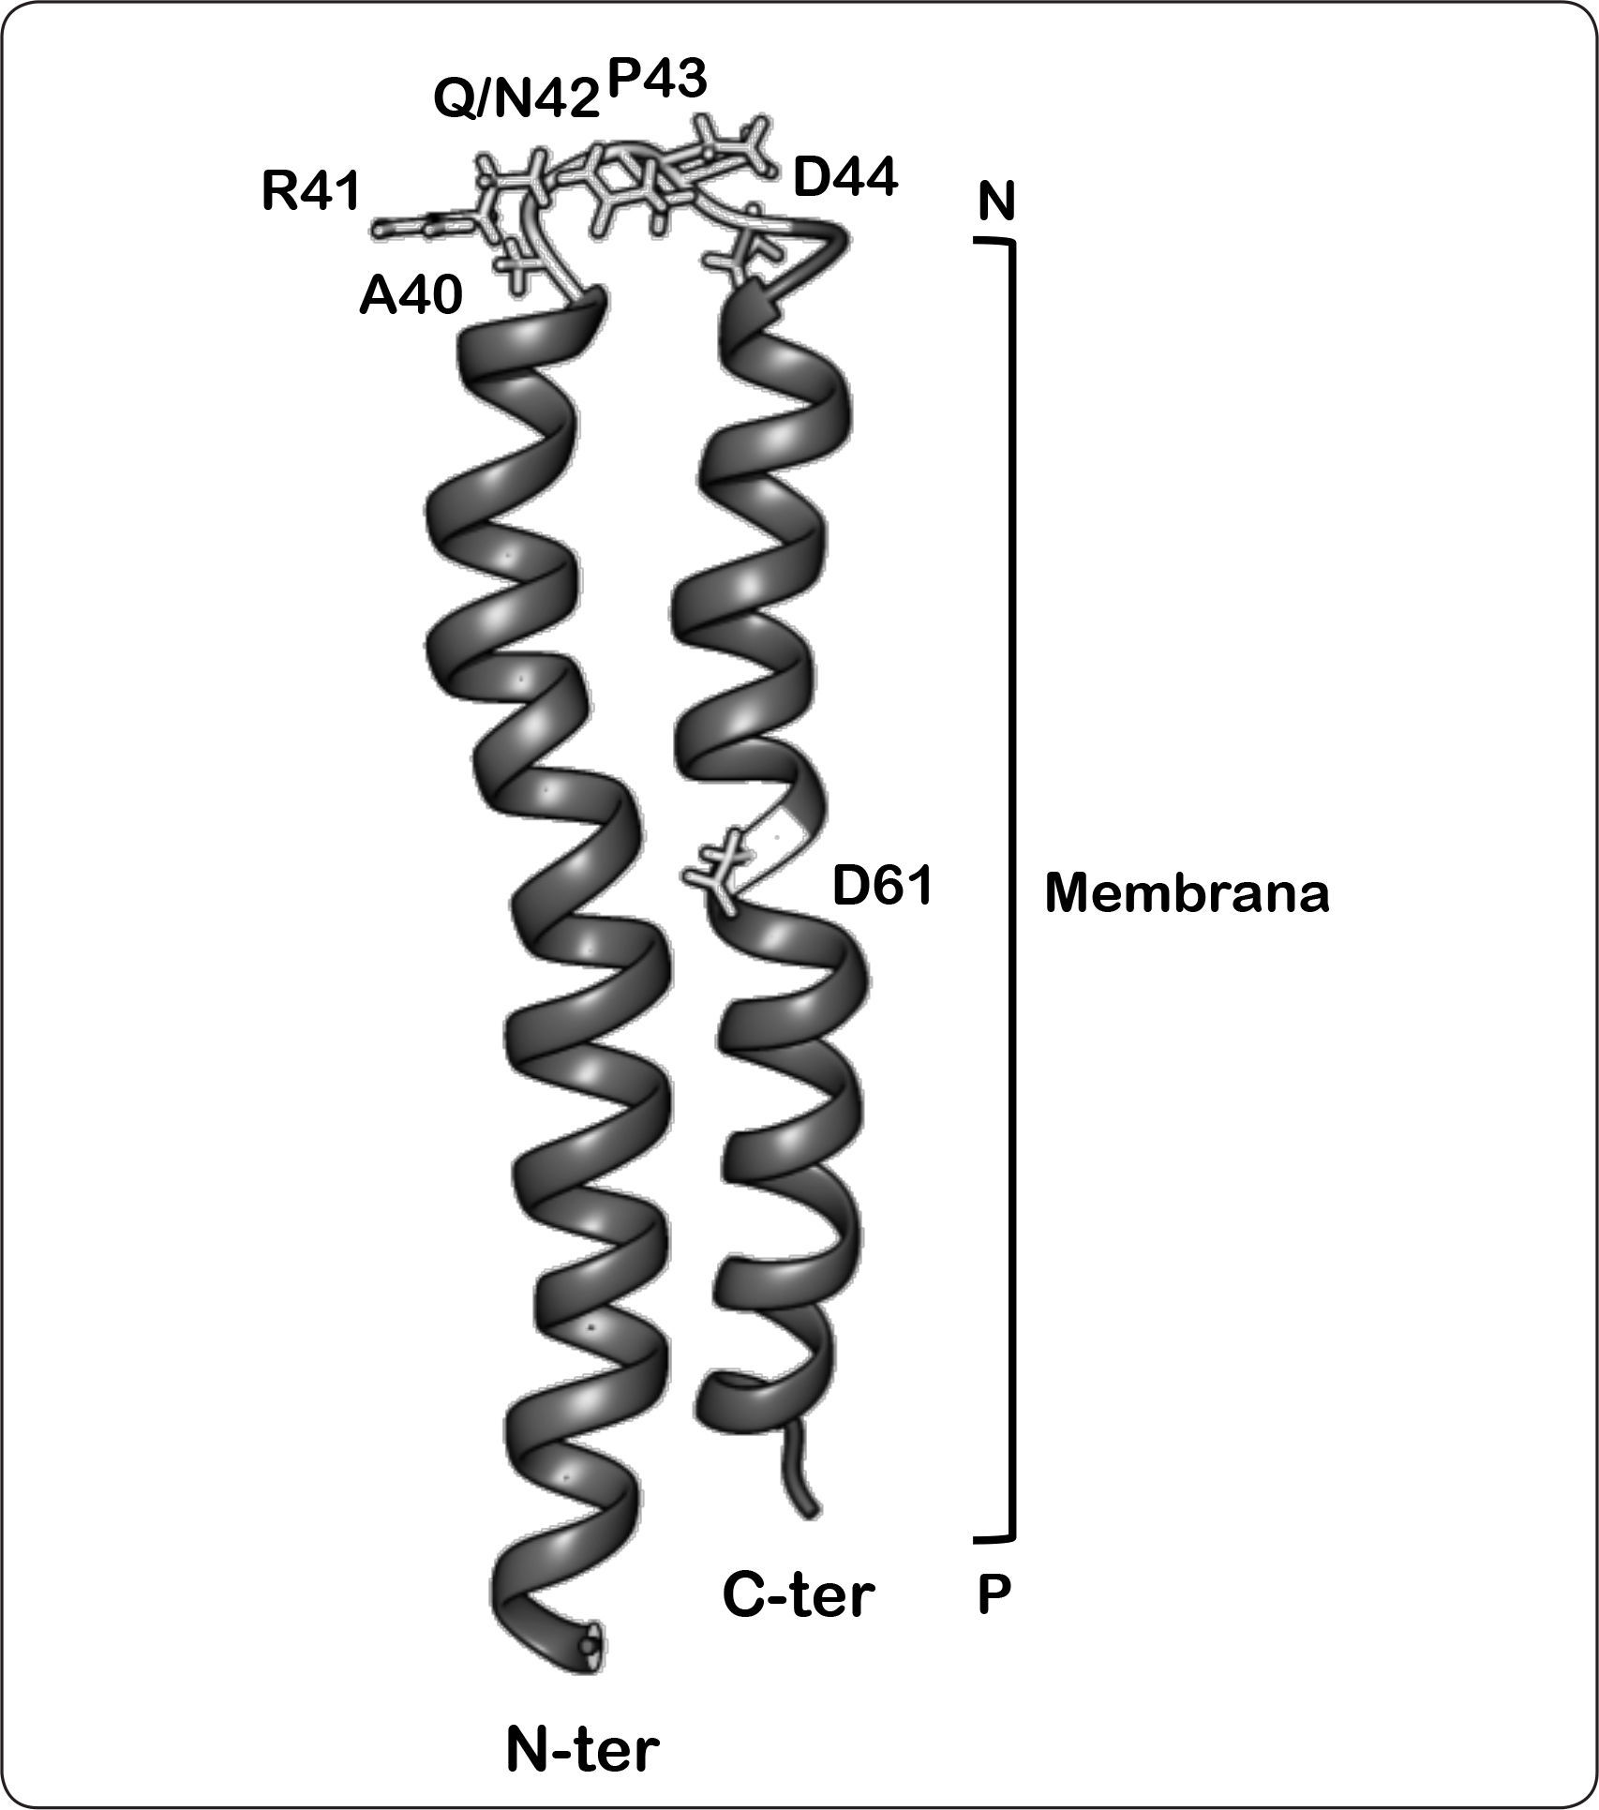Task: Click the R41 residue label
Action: (x=310, y=192)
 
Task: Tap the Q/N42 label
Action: (x=516, y=97)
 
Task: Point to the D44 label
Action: (x=844, y=176)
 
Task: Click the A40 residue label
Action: (x=411, y=297)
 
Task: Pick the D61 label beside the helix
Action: (x=882, y=887)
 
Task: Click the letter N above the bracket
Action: (x=996, y=202)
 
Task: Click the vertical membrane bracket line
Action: (x=1012, y=890)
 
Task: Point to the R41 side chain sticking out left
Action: (x=412, y=225)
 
